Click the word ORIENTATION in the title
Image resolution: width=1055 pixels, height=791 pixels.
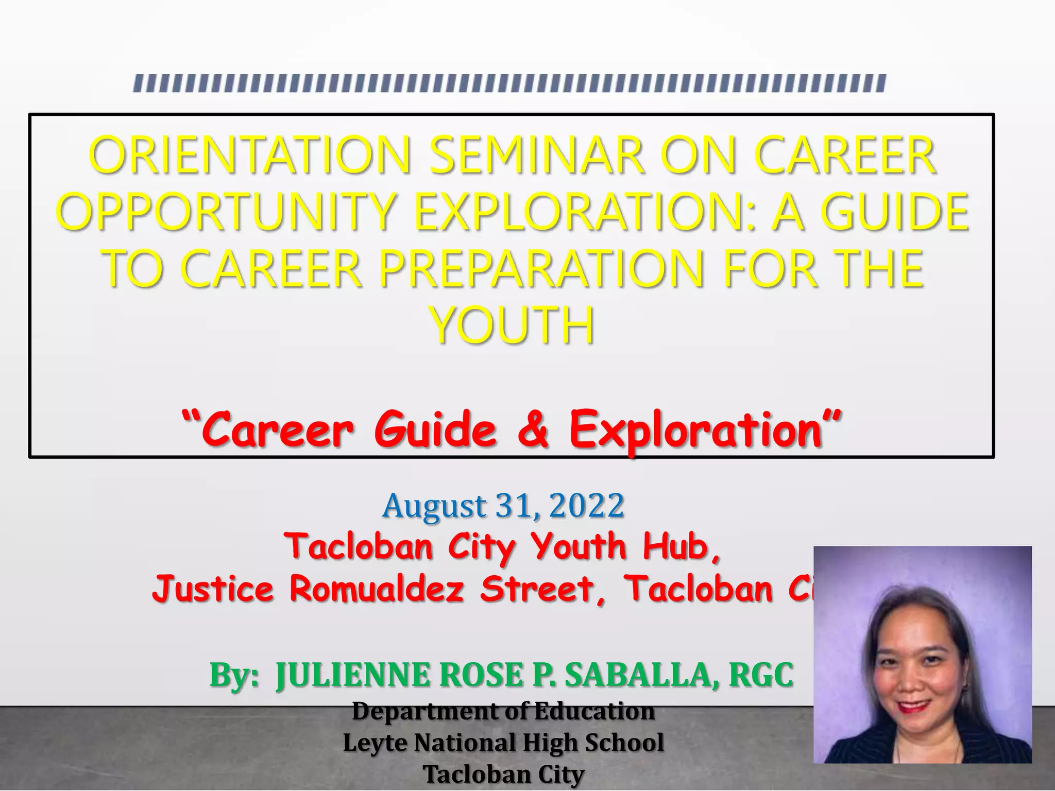pos(250,155)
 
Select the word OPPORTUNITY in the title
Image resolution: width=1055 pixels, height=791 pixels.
pos(226,212)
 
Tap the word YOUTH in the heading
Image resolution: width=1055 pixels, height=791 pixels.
pos(512,325)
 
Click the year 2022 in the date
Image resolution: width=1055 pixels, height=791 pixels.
pos(587,506)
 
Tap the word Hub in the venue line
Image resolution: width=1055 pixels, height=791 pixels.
pos(675,546)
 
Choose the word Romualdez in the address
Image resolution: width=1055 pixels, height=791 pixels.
pos(377,589)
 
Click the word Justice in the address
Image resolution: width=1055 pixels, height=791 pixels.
pos(212,589)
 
